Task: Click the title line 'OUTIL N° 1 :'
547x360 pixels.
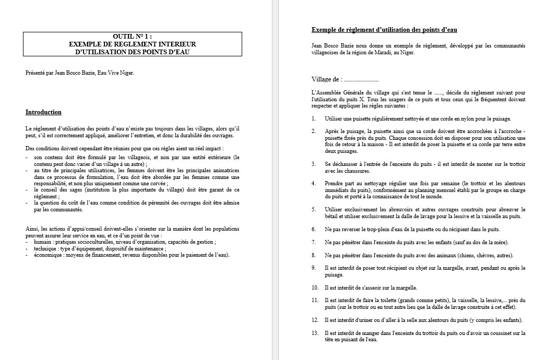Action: coord(133,37)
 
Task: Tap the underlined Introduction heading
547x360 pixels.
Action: coord(43,112)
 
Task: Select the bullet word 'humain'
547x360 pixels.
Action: coord(43,242)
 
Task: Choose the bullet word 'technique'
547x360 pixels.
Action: coord(45,249)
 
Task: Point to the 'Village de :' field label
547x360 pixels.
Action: coord(327,79)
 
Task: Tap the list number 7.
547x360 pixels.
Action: coord(314,242)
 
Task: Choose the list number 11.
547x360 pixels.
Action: coord(315,301)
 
